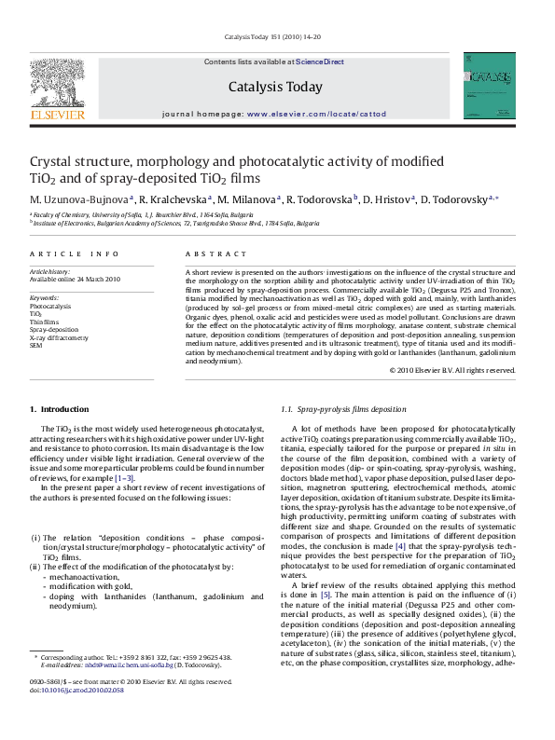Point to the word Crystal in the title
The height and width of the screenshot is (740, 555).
pyautogui.click(x=55, y=160)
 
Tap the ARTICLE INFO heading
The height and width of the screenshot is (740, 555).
pyautogui.click(x=75, y=254)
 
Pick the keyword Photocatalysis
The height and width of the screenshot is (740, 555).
pyautogui.click(x=50, y=305)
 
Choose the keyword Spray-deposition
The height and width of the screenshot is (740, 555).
pyautogui.click(x=54, y=329)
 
